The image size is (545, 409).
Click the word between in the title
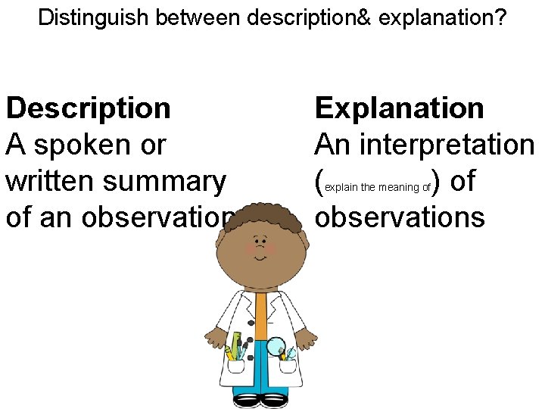coord(198,17)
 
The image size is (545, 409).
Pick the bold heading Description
coord(88,108)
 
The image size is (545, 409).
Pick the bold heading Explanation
coord(399,108)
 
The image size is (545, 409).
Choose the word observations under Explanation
coord(399,217)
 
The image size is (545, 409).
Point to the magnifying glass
coord(276,345)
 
